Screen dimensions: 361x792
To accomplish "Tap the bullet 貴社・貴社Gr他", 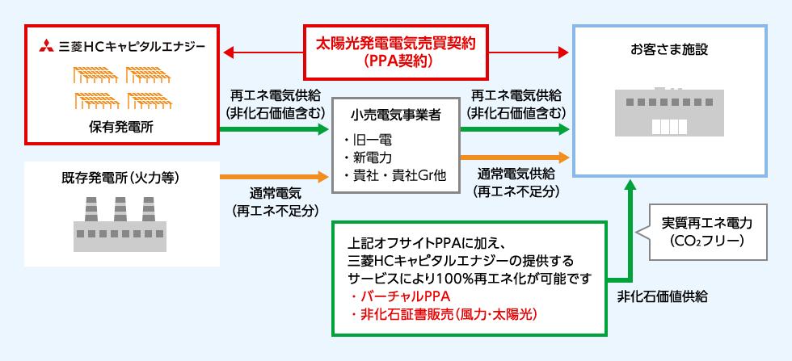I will pyautogui.click(x=394, y=175).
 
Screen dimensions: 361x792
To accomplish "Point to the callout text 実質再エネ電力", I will pyautogui.click(x=706, y=223).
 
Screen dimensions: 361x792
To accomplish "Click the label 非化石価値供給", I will pyautogui.click(x=661, y=296).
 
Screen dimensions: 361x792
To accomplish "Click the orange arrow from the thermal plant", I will pyautogui.click(x=275, y=174).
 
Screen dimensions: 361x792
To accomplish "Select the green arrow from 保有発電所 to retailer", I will pyautogui.click(x=275, y=128).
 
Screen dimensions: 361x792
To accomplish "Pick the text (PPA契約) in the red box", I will pyautogui.click(x=396, y=61).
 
